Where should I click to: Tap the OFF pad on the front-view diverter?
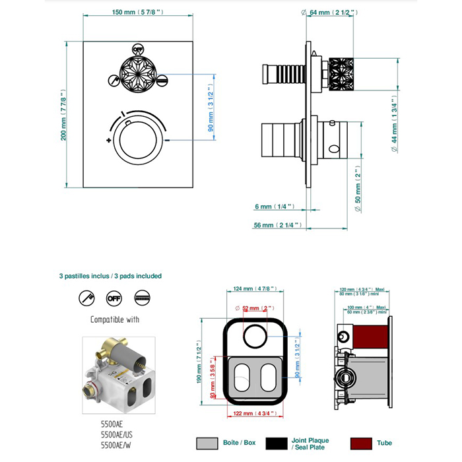[x=137, y=49]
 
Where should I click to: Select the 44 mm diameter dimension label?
[x=394, y=131]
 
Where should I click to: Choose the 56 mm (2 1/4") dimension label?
[x=277, y=226]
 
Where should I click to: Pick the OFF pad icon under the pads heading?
[x=114, y=299]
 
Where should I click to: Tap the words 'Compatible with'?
[x=114, y=320]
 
